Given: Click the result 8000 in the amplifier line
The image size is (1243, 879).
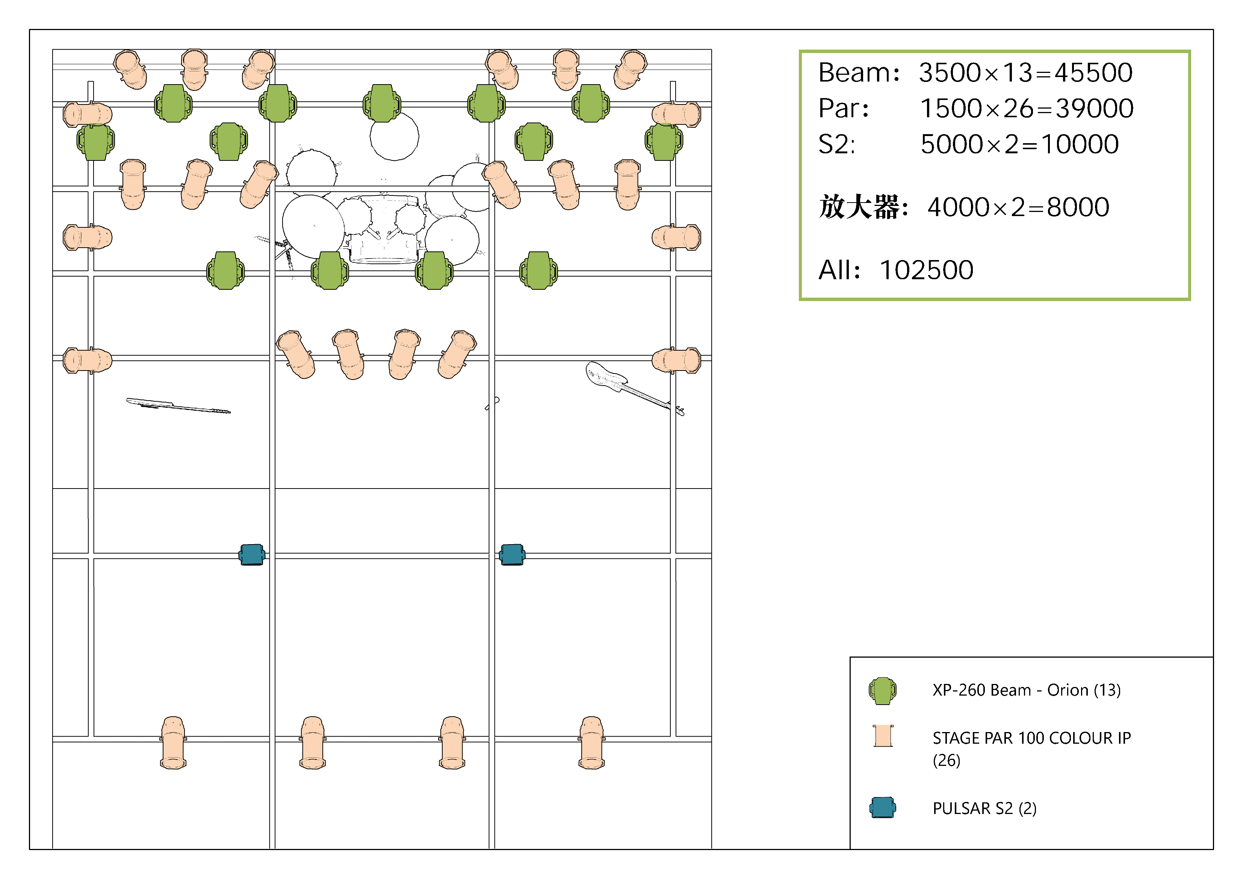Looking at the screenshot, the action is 1078,207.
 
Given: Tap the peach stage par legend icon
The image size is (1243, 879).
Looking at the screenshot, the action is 883,736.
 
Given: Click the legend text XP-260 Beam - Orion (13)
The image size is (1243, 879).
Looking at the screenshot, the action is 1027,690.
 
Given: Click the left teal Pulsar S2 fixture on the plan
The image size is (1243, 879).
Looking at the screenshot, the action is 252,555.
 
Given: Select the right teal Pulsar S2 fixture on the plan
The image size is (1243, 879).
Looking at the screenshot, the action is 512,555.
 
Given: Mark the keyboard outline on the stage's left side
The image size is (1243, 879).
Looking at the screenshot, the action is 178,405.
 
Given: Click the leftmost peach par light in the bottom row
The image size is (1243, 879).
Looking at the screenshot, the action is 173,743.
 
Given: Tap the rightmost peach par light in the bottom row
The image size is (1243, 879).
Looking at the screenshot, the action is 592,743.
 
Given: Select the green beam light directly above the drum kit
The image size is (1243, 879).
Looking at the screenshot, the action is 382,103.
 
